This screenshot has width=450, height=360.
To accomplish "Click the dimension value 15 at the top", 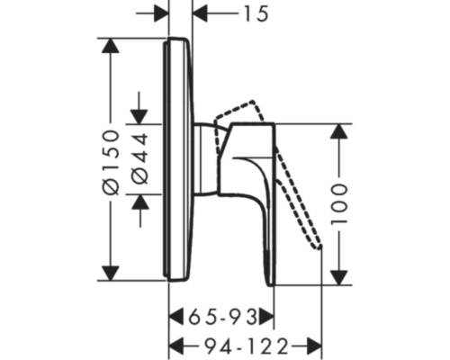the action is coord(256,14).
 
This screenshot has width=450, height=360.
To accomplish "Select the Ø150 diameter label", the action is coord(111,162).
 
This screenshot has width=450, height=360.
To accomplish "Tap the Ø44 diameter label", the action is coord(140,158).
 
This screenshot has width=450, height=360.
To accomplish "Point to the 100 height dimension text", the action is coord(339,204).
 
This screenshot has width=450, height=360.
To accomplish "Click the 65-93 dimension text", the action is coord(222,317).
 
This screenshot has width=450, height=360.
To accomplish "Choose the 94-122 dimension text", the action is coord(247,346).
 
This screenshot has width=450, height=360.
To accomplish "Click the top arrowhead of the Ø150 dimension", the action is coord(111,46).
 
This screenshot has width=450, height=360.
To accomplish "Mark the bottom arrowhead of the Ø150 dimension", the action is coord(111,274).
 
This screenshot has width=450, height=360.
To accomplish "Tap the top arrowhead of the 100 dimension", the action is coord(339,131).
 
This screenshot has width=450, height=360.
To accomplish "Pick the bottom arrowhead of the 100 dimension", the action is coord(339,277).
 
